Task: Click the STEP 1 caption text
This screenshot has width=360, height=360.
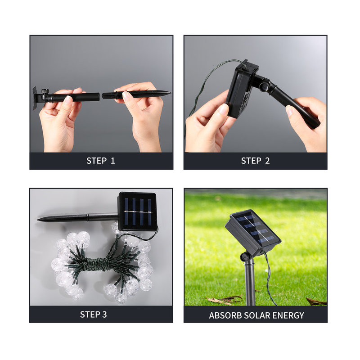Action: point(101,161)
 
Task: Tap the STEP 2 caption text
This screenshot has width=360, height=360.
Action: point(255,161)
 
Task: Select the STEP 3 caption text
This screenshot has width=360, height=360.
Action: point(94,314)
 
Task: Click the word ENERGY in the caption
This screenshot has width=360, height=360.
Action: point(288,315)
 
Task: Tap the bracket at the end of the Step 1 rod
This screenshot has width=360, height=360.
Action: point(35,98)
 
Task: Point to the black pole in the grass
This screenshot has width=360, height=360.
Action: point(250,283)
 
